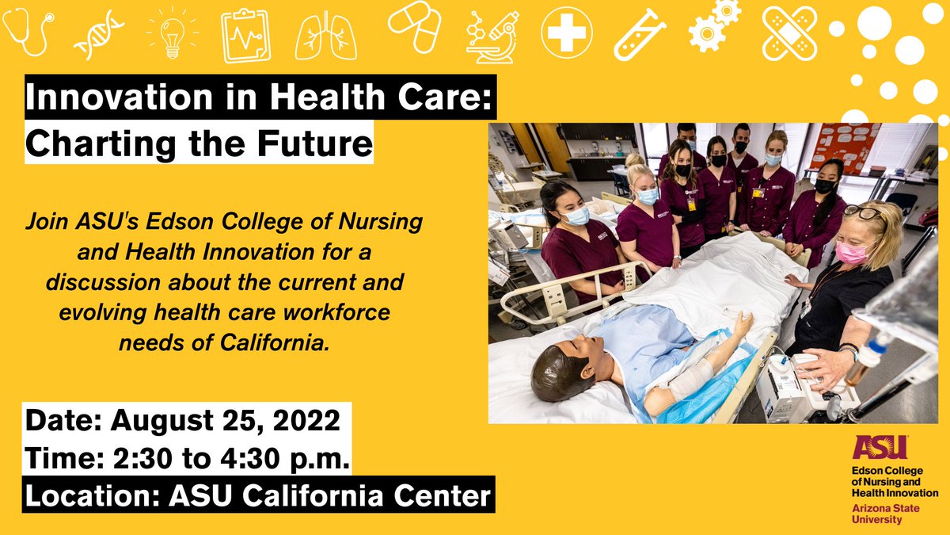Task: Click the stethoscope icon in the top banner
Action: (27, 32)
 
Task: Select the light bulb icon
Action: (169, 33)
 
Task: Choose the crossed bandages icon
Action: (789, 33)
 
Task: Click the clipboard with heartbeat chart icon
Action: (245, 36)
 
